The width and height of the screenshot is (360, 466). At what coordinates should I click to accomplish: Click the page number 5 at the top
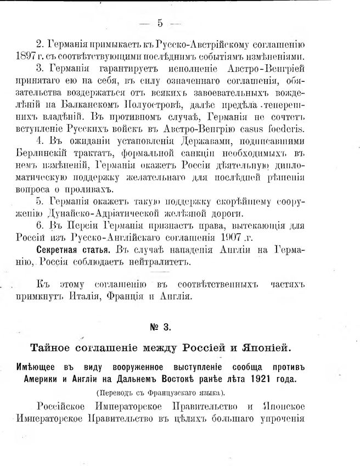point(160,23)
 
